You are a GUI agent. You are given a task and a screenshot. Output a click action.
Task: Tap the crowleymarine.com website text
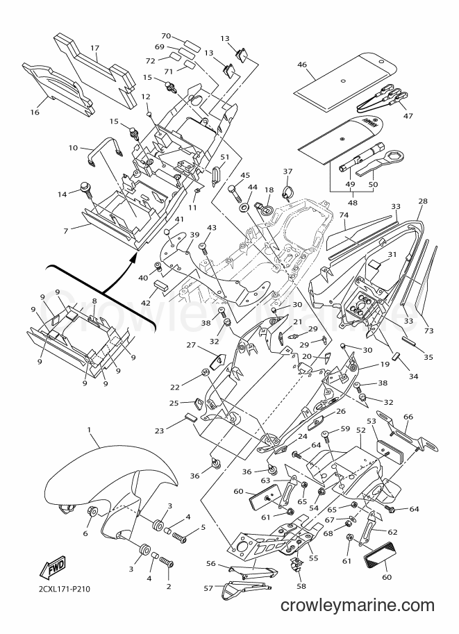(x=357, y=617)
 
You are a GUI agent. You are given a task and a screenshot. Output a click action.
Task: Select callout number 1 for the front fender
(x=89, y=430)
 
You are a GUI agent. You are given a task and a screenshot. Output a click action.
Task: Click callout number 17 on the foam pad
(x=94, y=48)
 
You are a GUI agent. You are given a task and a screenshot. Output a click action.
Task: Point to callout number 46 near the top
(x=301, y=65)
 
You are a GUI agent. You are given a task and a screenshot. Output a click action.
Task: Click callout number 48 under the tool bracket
(x=352, y=203)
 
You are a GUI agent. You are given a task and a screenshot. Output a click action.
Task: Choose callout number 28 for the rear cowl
(x=423, y=201)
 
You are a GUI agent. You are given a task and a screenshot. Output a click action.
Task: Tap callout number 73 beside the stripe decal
(x=428, y=331)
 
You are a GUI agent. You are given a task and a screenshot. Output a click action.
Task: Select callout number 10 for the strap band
(x=73, y=148)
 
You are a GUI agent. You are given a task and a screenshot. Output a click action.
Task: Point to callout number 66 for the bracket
(x=408, y=417)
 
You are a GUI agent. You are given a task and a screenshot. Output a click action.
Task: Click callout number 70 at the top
(x=166, y=36)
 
